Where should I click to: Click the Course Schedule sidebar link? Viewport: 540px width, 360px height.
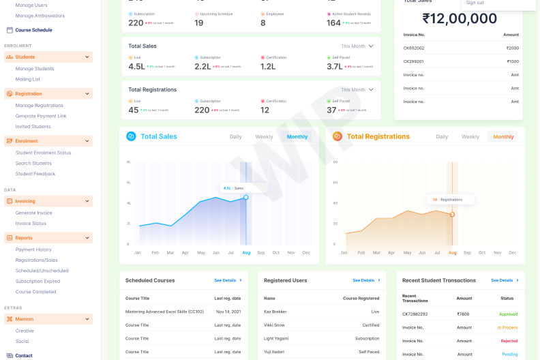pyautogui.click(x=33, y=30)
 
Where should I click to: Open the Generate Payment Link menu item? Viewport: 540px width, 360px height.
pyautogui.click(x=41, y=116)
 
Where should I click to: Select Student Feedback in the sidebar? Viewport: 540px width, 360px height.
pyautogui.click(x=35, y=174)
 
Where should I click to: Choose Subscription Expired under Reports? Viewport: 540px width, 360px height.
pyautogui.click(x=37, y=281)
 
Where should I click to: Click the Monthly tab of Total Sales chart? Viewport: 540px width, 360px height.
pyautogui.click(x=297, y=137)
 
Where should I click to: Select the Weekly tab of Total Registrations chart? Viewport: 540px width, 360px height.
pyautogui.click(x=470, y=137)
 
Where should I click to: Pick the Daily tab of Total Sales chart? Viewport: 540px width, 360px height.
pyautogui.click(x=235, y=137)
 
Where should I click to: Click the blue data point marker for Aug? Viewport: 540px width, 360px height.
pyautogui.click(x=246, y=197)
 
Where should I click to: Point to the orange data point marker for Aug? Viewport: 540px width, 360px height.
pyautogui.click(x=452, y=214)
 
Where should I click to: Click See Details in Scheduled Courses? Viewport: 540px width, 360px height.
pyautogui.click(x=227, y=280)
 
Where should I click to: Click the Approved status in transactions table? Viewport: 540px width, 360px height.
pyautogui.click(x=508, y=314)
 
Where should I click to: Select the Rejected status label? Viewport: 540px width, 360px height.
pyautogui.click(x=509, y=341)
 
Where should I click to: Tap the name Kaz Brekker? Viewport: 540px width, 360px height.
pyautogui.click(x=276, y=312)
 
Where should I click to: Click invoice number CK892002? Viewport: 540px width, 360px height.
pyautogui.click(x=413, y=48)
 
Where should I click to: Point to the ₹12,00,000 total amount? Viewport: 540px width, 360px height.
pyautogui.click(x=460, y=18)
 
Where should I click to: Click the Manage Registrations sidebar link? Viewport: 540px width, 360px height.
pyautogui.click(x=40, y=106)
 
